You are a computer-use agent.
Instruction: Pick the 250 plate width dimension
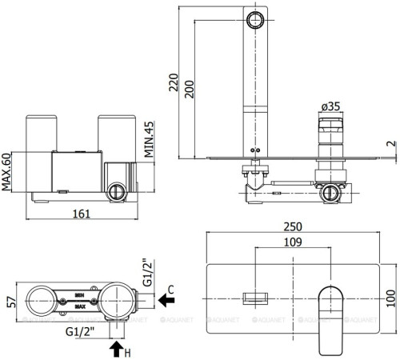293,226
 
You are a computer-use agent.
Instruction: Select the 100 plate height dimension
390,299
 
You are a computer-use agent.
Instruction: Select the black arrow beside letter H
116,348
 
